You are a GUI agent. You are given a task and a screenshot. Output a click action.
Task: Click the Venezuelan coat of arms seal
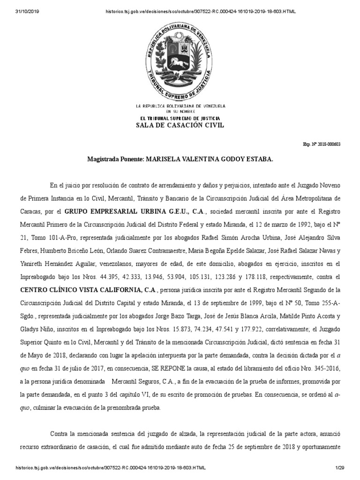pos(180,59)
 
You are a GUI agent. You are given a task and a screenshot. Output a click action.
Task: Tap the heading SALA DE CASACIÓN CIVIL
pos(180,125)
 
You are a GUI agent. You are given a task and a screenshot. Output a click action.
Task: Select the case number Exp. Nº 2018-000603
pos(322,144)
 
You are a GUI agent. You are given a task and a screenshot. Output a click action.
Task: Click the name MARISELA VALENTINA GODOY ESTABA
pos(209,160)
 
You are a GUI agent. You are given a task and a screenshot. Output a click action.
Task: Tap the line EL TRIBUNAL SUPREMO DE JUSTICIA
pos(180,118)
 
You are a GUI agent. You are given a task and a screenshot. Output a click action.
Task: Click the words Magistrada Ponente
pos(115,160)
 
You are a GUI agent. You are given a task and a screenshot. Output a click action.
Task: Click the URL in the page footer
pos(111,468)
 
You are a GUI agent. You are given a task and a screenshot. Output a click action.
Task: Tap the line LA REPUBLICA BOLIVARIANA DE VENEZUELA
pos(180,107)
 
